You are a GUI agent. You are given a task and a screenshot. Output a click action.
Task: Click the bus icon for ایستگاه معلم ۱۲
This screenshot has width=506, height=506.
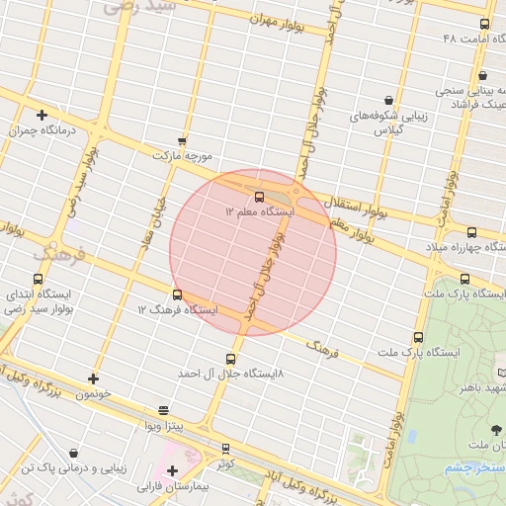click(x=259, y=197)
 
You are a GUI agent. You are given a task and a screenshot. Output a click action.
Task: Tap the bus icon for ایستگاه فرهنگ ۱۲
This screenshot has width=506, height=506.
click(x=178, y=294)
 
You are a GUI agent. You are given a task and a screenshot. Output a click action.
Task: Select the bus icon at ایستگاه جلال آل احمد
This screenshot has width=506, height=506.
click(x=231, y=359)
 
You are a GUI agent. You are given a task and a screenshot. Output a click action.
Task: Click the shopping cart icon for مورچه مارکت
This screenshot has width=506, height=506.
click(x=181, y=141)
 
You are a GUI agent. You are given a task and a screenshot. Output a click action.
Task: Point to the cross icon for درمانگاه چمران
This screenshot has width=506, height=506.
click(x=42, y=115)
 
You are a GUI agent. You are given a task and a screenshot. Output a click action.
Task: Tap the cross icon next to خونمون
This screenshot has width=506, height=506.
click(x=94, y=378)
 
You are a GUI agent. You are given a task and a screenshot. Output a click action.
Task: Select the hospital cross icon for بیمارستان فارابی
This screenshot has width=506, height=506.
click(x=172, y=470)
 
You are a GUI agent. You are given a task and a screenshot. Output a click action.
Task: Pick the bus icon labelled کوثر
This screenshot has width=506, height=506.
click(x=226, y=448)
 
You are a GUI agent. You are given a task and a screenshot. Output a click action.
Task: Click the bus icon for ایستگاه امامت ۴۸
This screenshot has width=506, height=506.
click(x=484, y=24)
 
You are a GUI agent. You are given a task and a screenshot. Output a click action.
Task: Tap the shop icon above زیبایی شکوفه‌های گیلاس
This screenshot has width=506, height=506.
click(x=388, y=100)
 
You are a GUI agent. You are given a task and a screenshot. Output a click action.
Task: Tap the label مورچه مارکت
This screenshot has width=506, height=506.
click(x=183, y=156)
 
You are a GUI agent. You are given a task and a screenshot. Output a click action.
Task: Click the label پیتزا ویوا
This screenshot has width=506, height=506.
click(x=163, y=425)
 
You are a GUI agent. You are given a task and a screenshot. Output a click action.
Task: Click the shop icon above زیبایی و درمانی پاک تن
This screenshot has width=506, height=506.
click(x=74, y=454)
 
